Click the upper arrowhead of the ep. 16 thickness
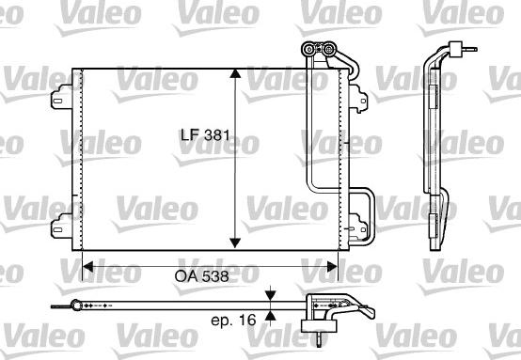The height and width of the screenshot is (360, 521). click(271, 295)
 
